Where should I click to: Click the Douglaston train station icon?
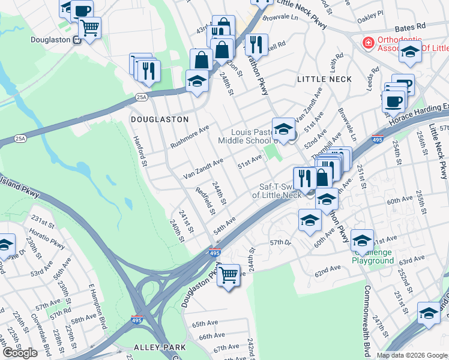76,40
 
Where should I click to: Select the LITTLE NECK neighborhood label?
325,79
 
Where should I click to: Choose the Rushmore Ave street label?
190,137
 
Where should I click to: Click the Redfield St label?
206,200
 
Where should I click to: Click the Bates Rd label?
409,27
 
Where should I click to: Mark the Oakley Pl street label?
370,14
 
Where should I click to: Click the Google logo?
19,353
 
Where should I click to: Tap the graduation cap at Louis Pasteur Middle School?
283,128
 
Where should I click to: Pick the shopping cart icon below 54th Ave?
229,275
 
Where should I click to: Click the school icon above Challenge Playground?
362,240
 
